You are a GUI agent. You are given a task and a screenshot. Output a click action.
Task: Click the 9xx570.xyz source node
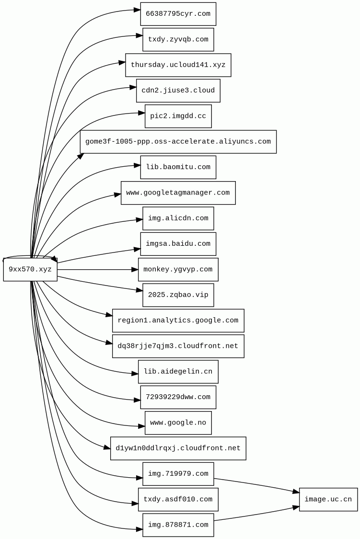point(30,270)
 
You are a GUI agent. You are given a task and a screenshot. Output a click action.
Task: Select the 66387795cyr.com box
point(178,14)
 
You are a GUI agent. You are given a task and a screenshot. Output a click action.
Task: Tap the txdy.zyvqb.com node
point(178,39)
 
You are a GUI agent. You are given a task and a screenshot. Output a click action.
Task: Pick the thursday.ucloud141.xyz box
point(178,65)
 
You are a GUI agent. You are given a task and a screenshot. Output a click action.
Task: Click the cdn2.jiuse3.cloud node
point(178,91)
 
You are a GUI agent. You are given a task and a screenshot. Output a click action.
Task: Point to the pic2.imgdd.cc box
point(178,116)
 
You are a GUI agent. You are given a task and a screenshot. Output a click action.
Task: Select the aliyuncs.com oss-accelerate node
point(178,142)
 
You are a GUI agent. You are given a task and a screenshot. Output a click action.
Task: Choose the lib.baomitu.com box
point(178,167)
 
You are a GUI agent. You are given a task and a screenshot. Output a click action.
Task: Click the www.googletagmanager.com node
point(178,193)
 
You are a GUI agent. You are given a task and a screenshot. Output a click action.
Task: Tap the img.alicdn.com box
point(178,218)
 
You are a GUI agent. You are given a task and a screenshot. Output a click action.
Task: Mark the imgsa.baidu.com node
point(178,244)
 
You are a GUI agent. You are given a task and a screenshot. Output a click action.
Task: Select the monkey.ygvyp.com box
point(178,270)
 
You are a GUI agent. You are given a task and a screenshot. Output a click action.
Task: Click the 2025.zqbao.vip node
point(178,295)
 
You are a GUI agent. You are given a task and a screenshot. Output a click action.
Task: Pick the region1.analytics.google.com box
point(178,321)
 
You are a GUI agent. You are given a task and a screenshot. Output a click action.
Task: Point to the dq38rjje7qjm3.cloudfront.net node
point(178,346)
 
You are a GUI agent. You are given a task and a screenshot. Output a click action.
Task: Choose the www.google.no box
point(178,423)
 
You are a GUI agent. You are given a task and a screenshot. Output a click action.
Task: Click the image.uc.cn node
point(328,500)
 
